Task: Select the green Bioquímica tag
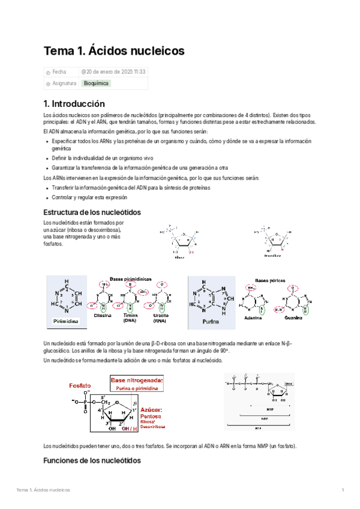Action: [x=95, y=83]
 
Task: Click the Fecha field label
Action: [x=59, y=71]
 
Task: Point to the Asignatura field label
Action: [x=64, y=83]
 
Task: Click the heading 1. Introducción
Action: [x=78, y=103]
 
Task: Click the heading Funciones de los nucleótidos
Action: [x=92, y=460]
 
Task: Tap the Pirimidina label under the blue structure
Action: [x=67, y=321]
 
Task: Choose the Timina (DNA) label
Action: [x=130, y=318]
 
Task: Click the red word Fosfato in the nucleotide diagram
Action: [x=80, y=384]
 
